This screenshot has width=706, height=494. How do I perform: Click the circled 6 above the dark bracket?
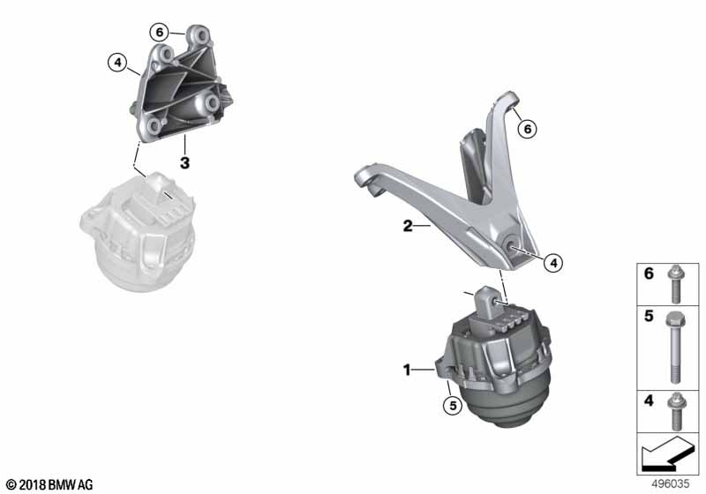159,33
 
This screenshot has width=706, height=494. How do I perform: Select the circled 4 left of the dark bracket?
117,63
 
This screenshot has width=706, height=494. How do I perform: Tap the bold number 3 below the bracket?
184,162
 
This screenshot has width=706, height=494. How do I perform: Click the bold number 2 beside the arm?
408,226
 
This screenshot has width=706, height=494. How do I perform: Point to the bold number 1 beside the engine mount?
407,370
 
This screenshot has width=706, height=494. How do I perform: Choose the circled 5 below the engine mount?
453,406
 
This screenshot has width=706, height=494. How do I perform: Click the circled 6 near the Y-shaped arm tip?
527,129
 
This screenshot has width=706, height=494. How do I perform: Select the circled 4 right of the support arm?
553,262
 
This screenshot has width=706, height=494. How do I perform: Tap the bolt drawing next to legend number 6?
674,284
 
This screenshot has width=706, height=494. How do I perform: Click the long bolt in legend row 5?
674,348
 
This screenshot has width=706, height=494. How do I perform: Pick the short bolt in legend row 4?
674,412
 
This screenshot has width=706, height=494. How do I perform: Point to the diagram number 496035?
671,484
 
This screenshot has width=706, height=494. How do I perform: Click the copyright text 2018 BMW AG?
50,485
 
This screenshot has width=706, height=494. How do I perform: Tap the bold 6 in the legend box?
649,273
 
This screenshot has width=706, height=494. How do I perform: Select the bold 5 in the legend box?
649,316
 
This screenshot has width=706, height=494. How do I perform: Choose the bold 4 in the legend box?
649,400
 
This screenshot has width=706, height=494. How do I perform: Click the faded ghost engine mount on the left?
138,234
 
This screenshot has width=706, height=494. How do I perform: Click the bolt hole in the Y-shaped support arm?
513,244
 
